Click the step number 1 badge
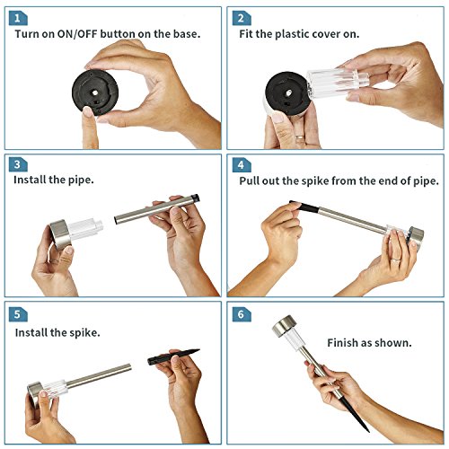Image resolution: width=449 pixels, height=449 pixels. click(18, 18)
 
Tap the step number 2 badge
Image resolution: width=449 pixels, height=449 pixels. click(242, 18)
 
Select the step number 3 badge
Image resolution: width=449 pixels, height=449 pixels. click(18, 164)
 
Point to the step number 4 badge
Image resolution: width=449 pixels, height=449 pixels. click(242, 165)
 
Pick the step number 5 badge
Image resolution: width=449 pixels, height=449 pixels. click(18, 314)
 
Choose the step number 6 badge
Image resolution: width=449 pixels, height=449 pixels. click(242, 314)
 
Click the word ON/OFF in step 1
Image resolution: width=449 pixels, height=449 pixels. click(77, 34)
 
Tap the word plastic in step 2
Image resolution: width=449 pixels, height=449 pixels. click(292, 34)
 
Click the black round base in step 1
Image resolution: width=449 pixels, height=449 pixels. click(95, 92)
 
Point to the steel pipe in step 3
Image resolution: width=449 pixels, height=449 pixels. click(157, 209)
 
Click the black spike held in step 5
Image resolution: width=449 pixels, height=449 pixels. click(173, 357)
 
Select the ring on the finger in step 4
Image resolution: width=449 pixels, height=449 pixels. click(396, 260)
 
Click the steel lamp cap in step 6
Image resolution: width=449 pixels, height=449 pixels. click(285, 325)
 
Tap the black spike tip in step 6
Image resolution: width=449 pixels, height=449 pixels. click(368, 431)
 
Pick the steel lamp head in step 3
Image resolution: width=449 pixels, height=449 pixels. click(60, 234)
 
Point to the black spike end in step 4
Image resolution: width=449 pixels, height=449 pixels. click(304, 207)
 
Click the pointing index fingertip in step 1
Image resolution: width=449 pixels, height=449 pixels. click(88, 111)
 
